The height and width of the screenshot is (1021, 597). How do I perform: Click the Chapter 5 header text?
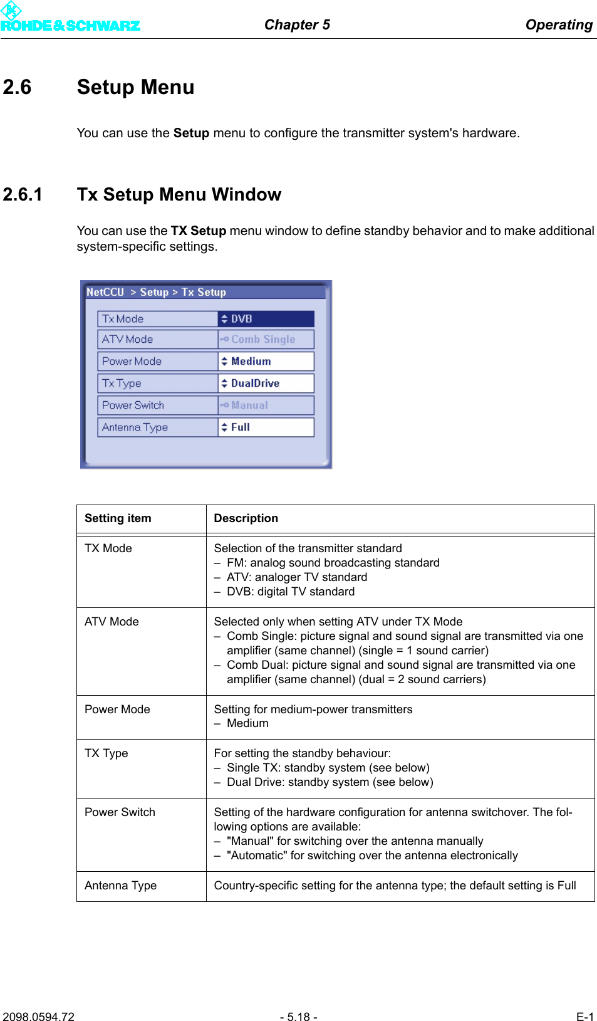pos(297,24)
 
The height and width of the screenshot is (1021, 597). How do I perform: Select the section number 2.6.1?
pos(23,194)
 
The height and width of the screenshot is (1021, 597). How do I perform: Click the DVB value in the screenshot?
pos(266,319)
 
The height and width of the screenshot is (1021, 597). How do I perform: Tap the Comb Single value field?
pos(266,339)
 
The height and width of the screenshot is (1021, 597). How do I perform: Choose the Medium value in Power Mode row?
pos(266,361)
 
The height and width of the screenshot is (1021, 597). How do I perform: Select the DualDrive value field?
pos(266,383)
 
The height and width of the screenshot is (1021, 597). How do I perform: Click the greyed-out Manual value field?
pos(266,405)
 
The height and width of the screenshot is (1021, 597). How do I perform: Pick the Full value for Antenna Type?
pos(266,427)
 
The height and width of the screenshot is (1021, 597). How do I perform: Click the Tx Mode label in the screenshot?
pos(123,319)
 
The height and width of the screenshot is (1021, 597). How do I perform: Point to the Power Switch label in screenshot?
pos(133,405)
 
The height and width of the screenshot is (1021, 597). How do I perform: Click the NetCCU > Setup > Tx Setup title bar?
pos(205,292)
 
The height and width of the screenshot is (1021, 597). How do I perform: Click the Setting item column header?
pos(118,518)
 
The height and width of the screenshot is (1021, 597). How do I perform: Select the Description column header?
pos(246,518)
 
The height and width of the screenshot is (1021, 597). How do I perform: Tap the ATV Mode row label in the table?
pos(112,622)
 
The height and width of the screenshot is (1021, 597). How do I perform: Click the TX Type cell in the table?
pos(106,753)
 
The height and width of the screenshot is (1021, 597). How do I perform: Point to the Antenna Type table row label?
pos(120,886)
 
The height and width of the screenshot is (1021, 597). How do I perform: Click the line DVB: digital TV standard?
pos(290,592)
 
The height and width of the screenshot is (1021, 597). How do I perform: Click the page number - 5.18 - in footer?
pos(298,1017)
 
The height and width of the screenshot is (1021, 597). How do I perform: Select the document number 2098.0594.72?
pos(38,1017)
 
